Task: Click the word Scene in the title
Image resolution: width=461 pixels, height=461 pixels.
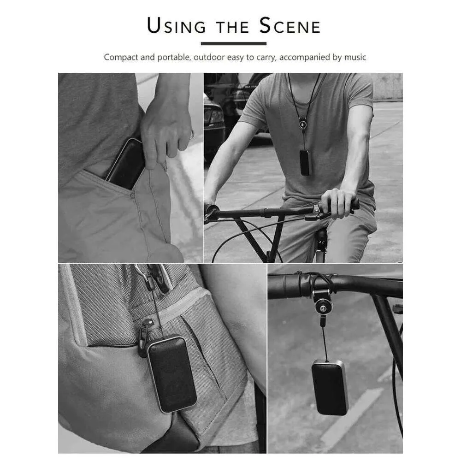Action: [x=290, y=25]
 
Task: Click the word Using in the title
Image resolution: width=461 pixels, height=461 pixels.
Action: [x=176, y=25]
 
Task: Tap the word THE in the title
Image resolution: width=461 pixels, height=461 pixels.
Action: [x=232, y=27]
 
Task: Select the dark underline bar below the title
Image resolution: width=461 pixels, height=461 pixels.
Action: [x=233, y=43]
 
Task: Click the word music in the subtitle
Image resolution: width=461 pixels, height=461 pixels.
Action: [x=355, y=57]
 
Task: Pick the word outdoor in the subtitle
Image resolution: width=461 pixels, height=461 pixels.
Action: [x=209, y=57]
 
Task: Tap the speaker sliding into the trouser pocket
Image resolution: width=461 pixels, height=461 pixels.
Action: [x=126, y=165]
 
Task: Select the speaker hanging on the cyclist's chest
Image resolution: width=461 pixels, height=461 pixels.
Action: [x=305, y=163]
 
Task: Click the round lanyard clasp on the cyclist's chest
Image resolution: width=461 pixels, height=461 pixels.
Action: [x=302, y=125]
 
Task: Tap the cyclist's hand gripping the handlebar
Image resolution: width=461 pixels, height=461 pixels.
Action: [x=338, y=203]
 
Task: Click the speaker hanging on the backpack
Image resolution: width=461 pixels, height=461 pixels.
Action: [x=172, y=374]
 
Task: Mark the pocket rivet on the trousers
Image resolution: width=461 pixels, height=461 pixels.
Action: [x=133, y=195]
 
